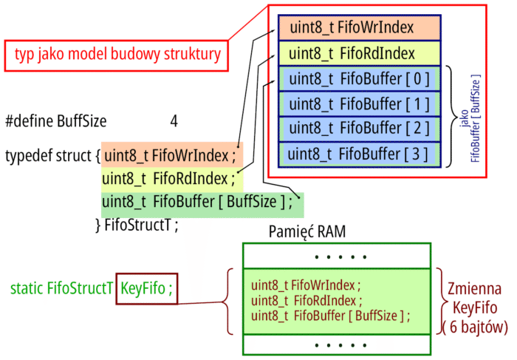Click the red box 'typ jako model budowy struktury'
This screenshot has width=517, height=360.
pos(117,55)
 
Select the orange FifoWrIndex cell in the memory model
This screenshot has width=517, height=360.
pos(360,27)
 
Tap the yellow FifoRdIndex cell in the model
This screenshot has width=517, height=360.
pos(360,53)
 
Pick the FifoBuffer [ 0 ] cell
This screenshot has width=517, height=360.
pos(360,79)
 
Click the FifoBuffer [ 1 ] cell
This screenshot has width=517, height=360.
pos(360,104)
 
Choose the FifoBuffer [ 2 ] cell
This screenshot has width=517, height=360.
pos(360,129)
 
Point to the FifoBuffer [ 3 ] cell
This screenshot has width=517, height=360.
pos(360,154)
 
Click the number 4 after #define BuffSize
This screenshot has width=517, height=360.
pos(174,121)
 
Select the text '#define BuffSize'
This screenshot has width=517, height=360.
pos(56,121)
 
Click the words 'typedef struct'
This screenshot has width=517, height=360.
pos(48,155)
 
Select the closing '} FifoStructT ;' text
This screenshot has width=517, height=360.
pos(137,225)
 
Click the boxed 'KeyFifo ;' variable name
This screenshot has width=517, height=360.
pos(147,288)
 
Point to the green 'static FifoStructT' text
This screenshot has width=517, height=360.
pos(62,288)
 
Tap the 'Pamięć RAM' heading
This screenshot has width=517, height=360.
pos(307,231)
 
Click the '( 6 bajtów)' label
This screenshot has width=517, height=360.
pos(475,327)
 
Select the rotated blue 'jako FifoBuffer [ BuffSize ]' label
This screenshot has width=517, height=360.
pos(470,118)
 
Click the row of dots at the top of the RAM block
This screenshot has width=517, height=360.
pos(340,257)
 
